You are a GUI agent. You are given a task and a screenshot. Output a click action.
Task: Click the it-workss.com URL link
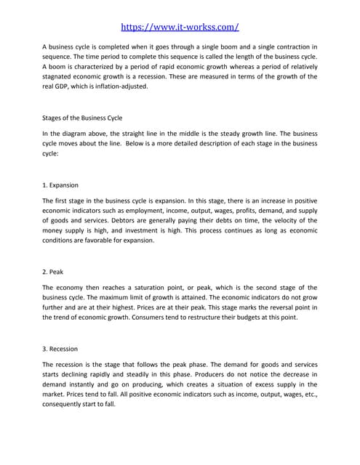coord(180,27)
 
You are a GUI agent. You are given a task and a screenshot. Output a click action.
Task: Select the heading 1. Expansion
coord(61,185)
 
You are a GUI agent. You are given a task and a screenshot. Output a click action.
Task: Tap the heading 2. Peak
coord(53,272)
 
